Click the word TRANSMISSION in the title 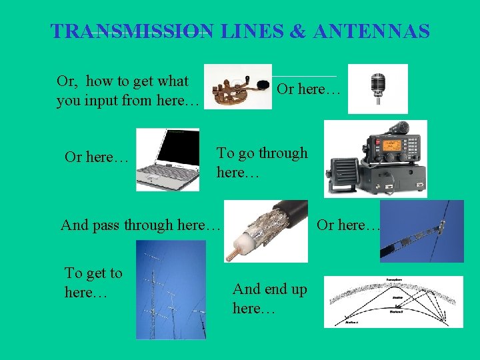point(132,31)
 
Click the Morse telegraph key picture point(237,87)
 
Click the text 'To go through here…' point(262,162)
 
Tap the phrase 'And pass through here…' point(140,225)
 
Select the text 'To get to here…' point(93,282)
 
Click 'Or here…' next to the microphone point(309,89)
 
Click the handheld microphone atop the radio point(400,126)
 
